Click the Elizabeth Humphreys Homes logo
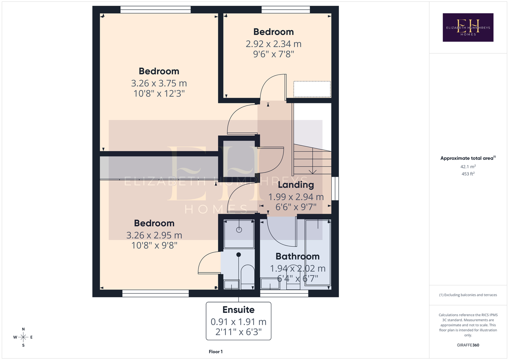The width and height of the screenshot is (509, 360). [x=468, y=27]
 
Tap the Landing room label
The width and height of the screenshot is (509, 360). [x=296, y=185]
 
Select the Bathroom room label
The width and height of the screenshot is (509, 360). [x=298, y=256]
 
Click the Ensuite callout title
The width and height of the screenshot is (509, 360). [x=238, y=310]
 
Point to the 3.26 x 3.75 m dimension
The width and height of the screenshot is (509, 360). [x=159, y=83]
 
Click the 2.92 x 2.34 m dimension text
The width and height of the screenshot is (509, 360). [x=273, y=44]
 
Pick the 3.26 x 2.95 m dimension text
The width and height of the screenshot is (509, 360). [x=154, y=235]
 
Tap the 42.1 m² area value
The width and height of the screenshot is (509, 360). [x=468, y=166]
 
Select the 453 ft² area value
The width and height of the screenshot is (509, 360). [x=468, y=174]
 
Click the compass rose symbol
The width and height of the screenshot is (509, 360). [x=23, y=337]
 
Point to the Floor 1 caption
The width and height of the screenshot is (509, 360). [x=216, y=352]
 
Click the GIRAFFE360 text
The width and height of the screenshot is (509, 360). [x=468, y=345]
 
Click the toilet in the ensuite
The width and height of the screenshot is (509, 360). [x=247, y=276]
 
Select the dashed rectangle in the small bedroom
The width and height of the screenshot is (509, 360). [x=312, y=89]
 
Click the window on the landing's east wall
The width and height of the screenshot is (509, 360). [x=335, y=189]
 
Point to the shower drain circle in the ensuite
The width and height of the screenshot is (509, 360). [x=239, y=230]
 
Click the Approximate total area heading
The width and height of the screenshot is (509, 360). [x=468, y=158]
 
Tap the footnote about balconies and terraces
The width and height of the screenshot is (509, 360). [x=468, y=295]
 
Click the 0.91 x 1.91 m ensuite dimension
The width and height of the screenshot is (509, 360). [x=238, y=322]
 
